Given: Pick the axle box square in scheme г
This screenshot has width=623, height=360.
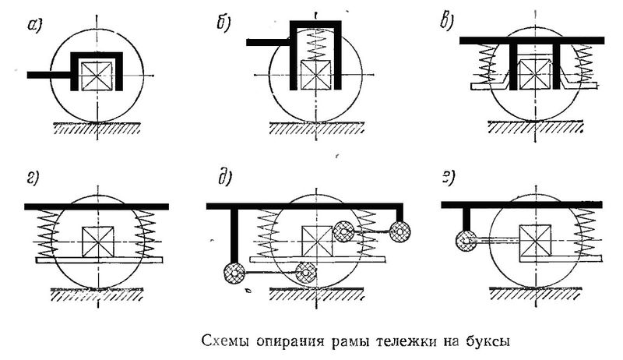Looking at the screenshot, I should pos(97,237).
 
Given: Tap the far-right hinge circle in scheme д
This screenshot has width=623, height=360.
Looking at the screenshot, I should pos(402,231).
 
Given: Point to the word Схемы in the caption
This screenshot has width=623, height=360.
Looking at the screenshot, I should pos(222,341).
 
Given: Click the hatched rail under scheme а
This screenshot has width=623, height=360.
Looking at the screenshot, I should pos(98,127).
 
